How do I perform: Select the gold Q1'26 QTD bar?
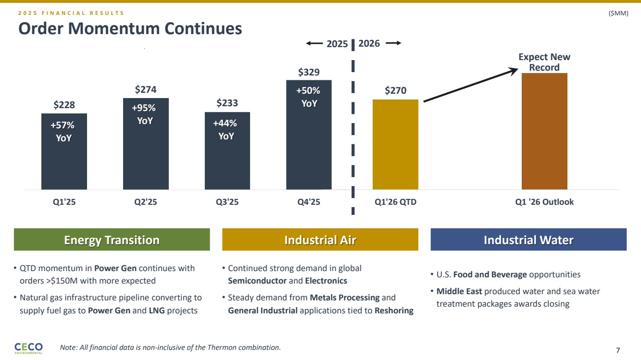(395, 144)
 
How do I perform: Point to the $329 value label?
(309, 73)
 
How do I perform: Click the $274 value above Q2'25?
(145, 89)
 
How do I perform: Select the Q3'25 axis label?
(226, 202)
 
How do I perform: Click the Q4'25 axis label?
(308, 202)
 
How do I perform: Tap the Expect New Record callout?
(544, 62)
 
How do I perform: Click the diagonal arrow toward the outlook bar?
(469, 86)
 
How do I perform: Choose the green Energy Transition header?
(112, 240)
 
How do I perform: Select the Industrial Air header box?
(320, 240)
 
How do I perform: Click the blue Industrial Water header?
(528, 240)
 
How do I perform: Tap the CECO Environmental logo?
(29, 348)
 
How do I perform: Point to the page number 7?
(617, 350)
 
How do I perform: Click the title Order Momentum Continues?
(130, 29)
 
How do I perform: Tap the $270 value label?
(395, 91)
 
